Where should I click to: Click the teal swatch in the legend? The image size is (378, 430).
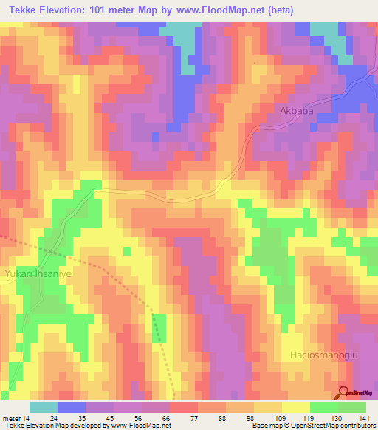pos(44,407)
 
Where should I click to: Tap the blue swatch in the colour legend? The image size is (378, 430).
pos(72,407)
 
